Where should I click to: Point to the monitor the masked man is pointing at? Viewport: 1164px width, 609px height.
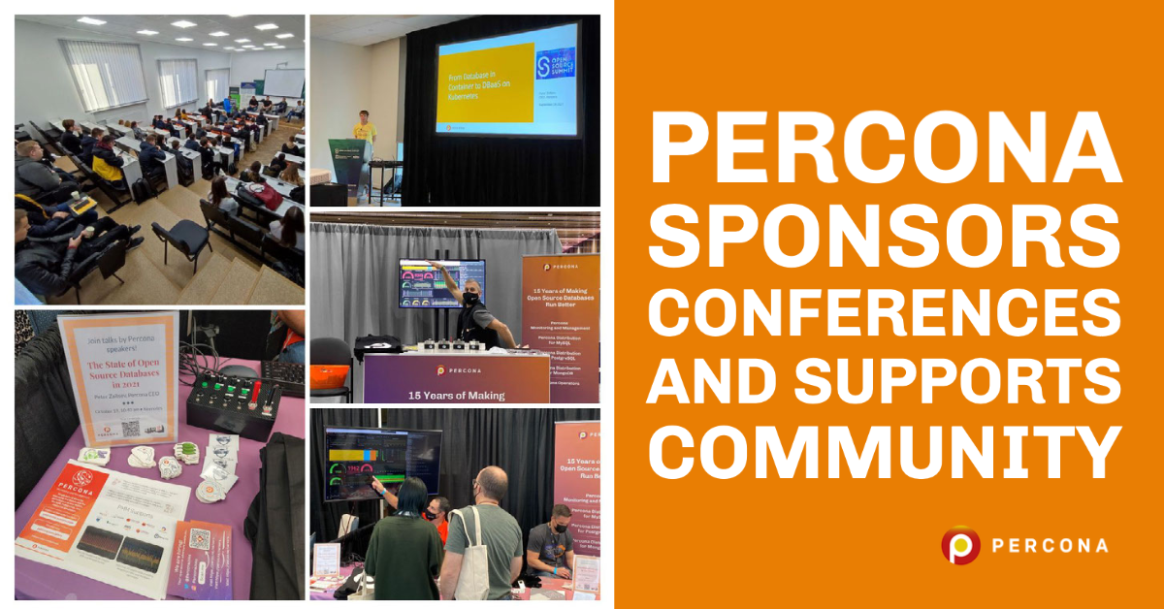pos(441,283)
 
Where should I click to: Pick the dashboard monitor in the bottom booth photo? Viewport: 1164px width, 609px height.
pos(380,464)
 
